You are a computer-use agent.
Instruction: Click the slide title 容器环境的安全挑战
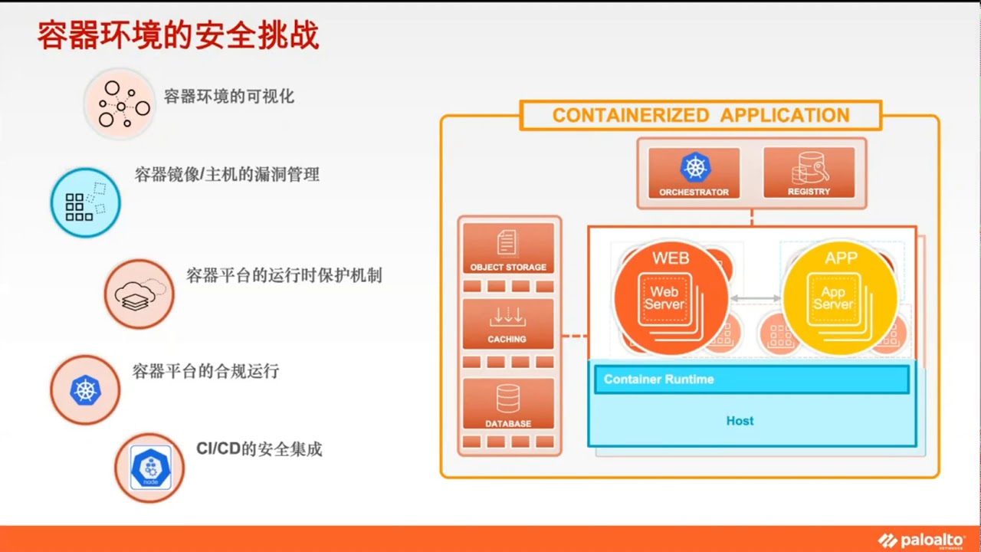tap(178, 35)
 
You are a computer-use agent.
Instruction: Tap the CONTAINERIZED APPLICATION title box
tap(700, 116)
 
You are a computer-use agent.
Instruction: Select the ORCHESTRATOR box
tap(694, 173)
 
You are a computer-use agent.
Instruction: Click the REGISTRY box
tap(809, 173)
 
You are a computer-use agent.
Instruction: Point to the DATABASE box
tap(508, 404)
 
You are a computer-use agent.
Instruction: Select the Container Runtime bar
tap(751, 379)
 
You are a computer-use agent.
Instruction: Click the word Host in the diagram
tap(740, 421)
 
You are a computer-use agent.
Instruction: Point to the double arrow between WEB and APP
tap(755, 298)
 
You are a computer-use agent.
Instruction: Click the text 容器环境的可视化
tap(229, 97)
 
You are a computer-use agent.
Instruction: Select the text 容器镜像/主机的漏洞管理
tap(227, 175)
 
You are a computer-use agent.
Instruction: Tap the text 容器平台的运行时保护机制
tap(284, 275)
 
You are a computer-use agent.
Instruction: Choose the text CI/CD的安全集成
tap(259, 449)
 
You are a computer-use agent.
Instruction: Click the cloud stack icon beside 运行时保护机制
tap(139, 294)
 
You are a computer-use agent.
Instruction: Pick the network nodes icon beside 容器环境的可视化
tap(120, 103)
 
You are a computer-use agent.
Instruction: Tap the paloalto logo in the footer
tap(922, 540)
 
